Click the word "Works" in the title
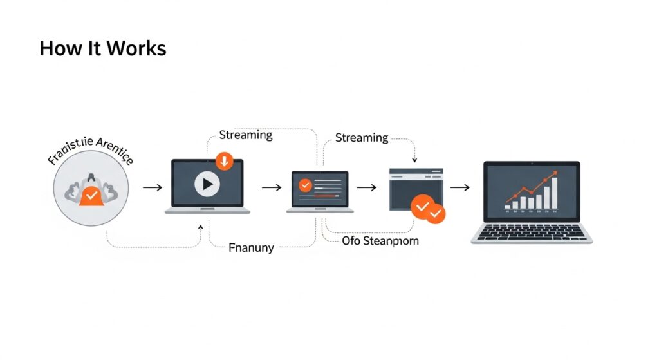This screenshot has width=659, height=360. point(136,48)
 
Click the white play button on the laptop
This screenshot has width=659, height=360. point(207,185)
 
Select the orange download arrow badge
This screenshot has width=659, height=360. point(224,161)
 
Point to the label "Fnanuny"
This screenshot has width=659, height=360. point(252,247)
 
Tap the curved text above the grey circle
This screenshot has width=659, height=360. point(90,153)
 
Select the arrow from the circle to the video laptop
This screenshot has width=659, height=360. point(152,187)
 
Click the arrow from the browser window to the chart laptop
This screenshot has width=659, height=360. point(459,187)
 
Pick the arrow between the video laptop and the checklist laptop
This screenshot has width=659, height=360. point(272,187)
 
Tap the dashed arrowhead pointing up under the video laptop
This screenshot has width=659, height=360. point(201,227)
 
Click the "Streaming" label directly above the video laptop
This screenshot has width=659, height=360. point(245,135)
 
